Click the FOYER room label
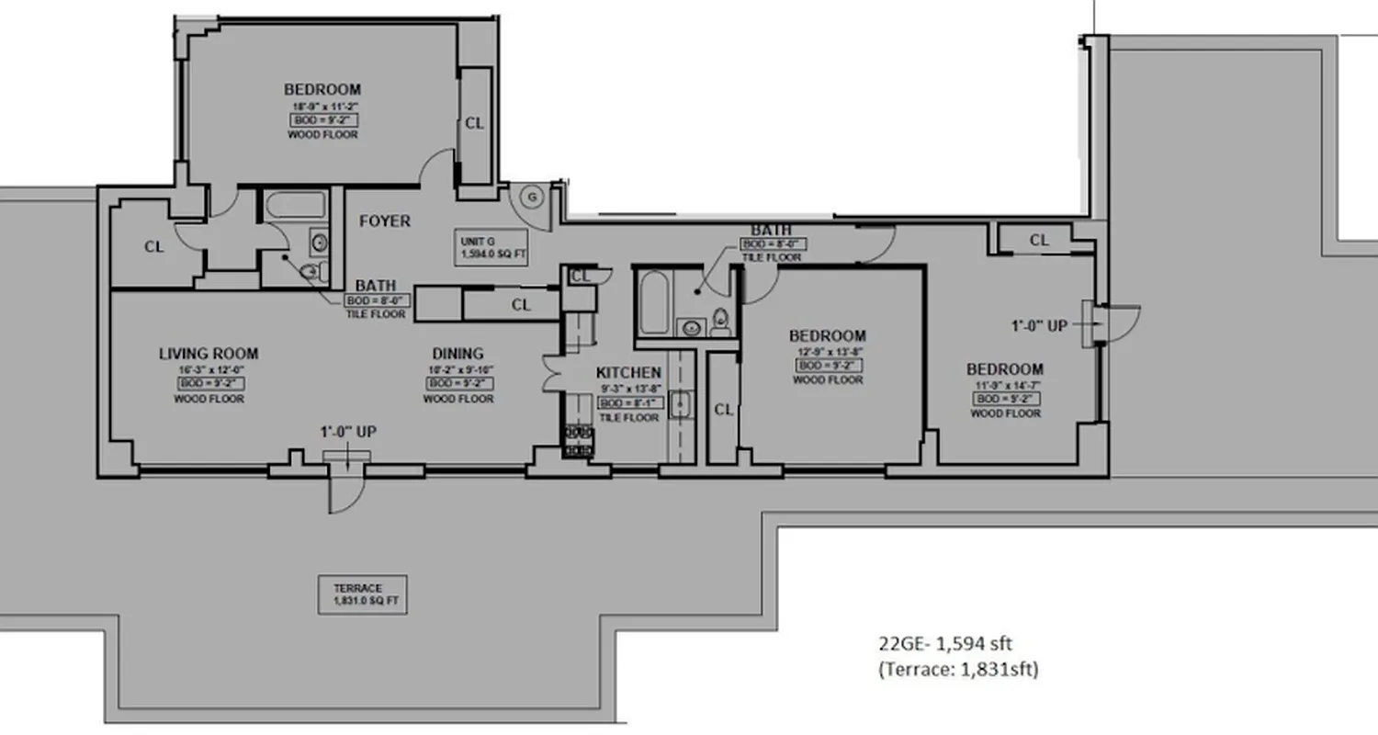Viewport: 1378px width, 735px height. click(x=384, y=221)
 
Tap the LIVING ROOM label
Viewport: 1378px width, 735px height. click(x=209, y=354)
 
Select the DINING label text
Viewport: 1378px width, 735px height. click(x=457, y=354)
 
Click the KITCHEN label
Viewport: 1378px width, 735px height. click(x=628, y=372)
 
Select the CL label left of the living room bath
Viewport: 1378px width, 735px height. click(x=154, y=247)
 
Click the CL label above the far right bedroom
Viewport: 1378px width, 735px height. click(x=1039, y=241)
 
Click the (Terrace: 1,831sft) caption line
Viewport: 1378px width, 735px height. click(x=957, y=669)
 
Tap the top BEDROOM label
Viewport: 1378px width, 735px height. click(x=322, y=90)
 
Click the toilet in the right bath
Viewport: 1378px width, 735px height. click(x=721, y=322)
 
